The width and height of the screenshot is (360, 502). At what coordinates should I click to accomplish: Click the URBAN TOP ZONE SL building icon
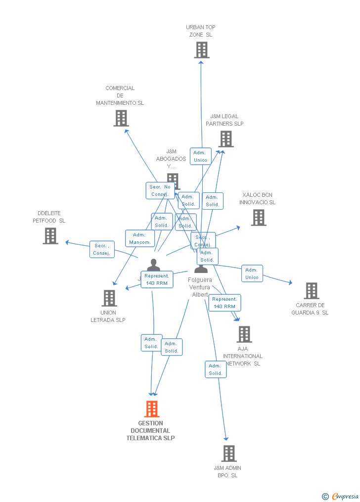click(x=201, y=50)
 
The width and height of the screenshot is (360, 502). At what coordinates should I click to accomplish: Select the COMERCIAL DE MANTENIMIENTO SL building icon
click(x=121, y=118)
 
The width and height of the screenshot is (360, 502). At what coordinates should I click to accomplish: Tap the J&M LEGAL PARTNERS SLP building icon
click(x=226, y=139)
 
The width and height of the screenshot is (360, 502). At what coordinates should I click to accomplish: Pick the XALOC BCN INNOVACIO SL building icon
click(x=258, y=218)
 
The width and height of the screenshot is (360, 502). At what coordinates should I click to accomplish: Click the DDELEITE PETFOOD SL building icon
click(x=50, y=236)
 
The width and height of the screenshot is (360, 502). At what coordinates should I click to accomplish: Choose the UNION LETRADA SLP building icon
click(x=109, y=298)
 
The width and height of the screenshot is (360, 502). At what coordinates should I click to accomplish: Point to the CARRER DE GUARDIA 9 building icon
click(x=311, y=291)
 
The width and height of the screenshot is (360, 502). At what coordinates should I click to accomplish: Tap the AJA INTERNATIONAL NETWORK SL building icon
click(x=244, y=334)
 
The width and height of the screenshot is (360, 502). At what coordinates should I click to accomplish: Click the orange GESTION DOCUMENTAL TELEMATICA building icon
click(x=151, y=409)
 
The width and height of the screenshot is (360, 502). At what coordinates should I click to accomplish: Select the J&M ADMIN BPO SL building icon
click(x=228, y=454)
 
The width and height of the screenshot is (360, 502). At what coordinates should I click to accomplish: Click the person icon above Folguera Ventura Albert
click(x=201, y=268)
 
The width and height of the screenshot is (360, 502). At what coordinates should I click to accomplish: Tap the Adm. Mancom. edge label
click(x=140, y=238)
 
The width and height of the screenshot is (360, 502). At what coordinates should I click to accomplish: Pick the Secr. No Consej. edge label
click(x=160, y=190)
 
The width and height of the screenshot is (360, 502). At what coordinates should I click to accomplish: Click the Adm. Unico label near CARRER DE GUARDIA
click(x=252, y=274)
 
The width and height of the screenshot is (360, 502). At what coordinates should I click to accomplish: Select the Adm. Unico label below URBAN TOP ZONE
click(x=200, y=156)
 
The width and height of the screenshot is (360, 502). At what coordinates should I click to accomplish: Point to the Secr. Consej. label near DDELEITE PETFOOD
click(x=102, y=249)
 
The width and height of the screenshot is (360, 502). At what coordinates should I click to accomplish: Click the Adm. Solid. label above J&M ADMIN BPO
click(x=216, y=369)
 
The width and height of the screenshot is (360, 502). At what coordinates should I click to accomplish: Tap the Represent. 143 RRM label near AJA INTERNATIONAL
click(x=225, y=303)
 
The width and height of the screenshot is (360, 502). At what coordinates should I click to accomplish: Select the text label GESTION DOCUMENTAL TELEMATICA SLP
click(x=150, y=431)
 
